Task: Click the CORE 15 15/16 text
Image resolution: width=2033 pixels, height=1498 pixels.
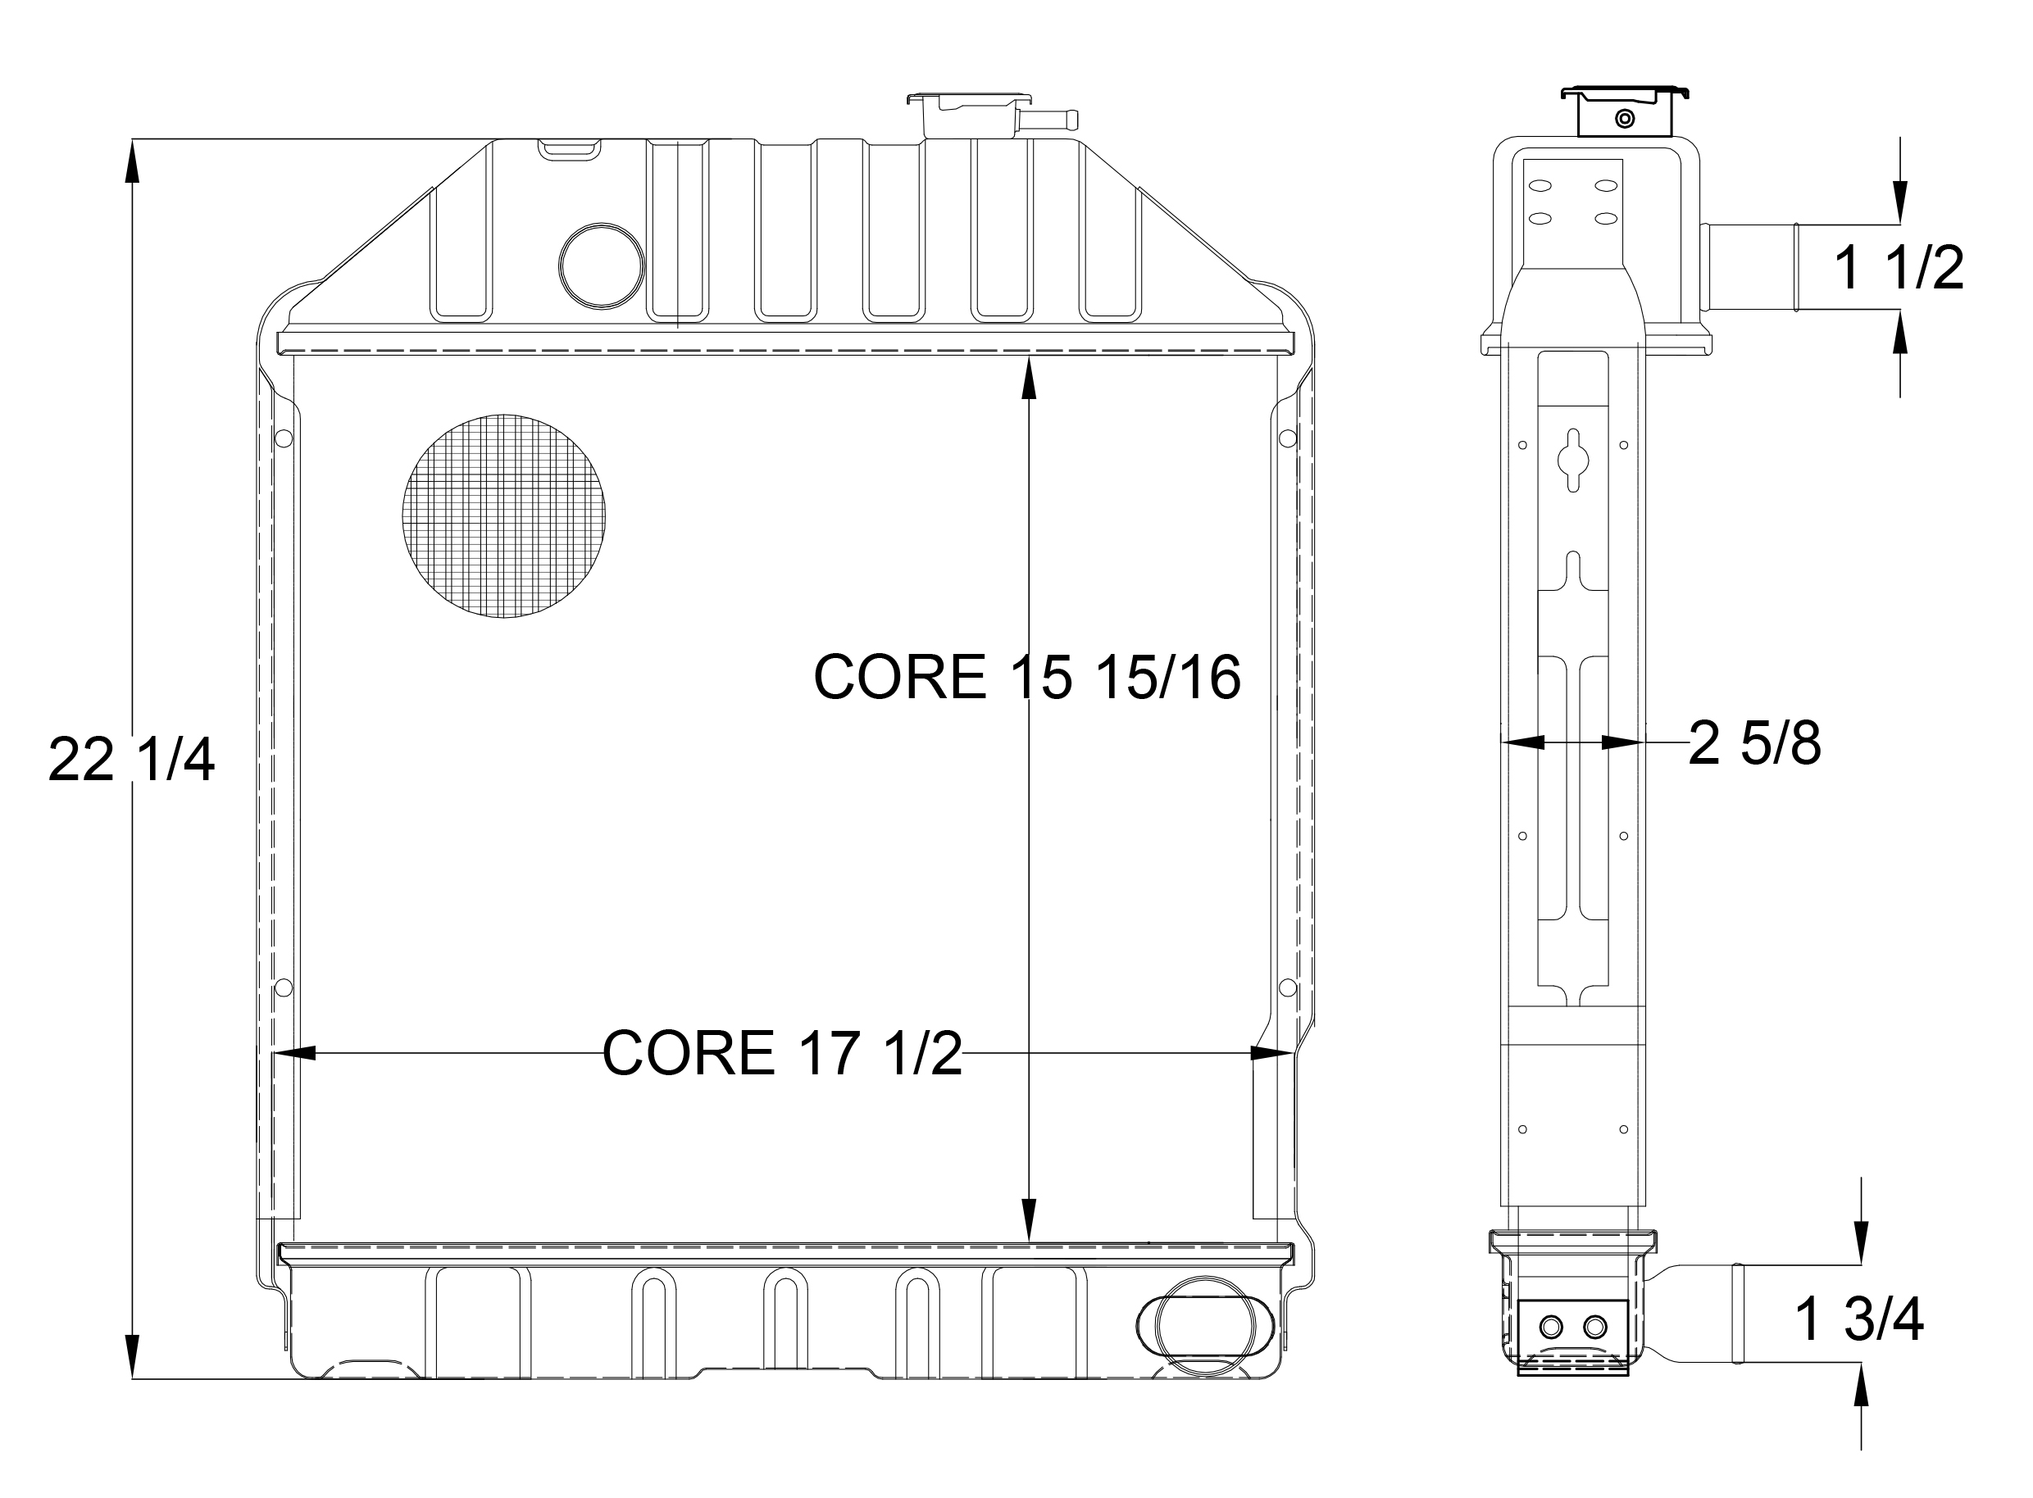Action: pyautogui.click(x=1026, y=678)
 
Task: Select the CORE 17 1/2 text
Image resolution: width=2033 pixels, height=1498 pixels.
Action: pyautogui.click(x=781, y=1053)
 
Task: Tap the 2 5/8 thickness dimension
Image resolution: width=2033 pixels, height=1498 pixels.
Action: pyautogui.click(x=1753, y=743)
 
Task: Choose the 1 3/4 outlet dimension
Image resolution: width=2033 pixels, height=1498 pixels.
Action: pyautogui.click(x=1860, y=1319)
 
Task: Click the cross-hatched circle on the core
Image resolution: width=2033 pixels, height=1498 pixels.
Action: pyautogui.click(x=503, y=516)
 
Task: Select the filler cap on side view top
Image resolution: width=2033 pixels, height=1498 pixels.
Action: pyautogui.click(x=1624, y=112)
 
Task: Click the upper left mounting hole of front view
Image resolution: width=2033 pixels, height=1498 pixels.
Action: pyautogui.click(x=283, y=439)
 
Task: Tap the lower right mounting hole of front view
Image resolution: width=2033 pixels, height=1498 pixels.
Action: pyautogui.click(x=1287, y=987)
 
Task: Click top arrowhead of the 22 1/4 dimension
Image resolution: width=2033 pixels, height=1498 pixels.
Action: pyautogui.click(x=133, y=163)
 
